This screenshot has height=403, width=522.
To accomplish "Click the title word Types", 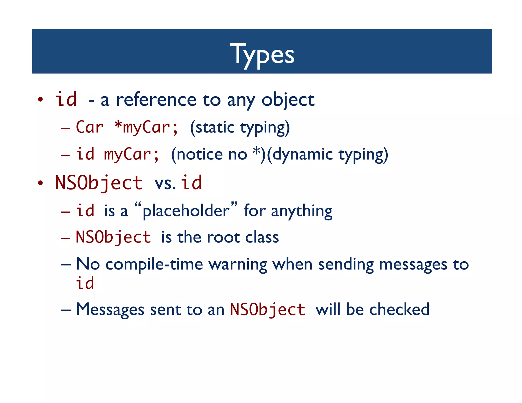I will click(x=262, y=54).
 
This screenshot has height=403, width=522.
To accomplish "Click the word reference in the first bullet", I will click(x=156, y=100).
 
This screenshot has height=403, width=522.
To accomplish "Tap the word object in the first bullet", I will click(x=288, y=100).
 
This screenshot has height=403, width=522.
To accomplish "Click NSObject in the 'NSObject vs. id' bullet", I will click(x=99, y=183).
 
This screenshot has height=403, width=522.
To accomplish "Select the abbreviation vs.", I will click(x=165, y=183).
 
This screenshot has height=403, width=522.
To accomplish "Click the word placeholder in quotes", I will click(x=186, y=211).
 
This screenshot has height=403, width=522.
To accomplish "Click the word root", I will click(x=223, y=237).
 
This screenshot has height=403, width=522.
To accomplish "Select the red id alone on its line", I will click(x=85, y=283).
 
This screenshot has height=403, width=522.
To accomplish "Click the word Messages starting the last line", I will click(x=110, y=310).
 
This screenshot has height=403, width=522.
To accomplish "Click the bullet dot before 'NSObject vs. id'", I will click(x=40, y=183).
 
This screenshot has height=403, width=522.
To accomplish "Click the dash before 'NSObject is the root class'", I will click(x=65, y=238).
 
